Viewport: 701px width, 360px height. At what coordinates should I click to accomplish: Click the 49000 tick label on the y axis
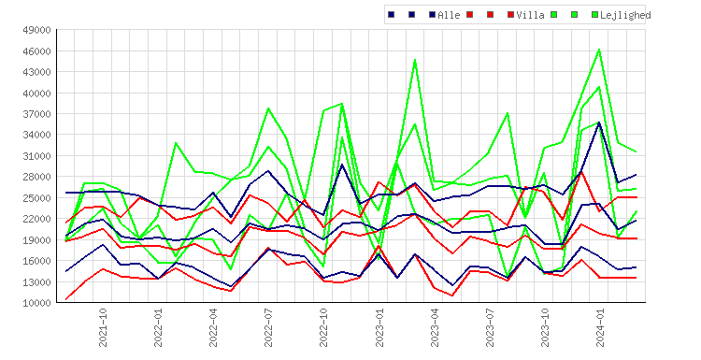click(36, 30)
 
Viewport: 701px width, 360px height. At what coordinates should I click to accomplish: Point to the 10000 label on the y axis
click(36, 303)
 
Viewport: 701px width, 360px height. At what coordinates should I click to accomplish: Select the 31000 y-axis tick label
click(36, 156)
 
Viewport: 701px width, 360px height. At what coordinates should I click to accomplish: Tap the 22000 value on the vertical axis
click(36, 219)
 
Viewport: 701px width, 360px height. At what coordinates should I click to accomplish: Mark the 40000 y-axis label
click(36, 93)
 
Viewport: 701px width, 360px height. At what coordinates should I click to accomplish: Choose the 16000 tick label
click(36, 261)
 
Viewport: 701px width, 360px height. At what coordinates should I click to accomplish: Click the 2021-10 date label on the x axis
click(103, 327)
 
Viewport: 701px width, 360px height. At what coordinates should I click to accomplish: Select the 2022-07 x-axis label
click(268, 327)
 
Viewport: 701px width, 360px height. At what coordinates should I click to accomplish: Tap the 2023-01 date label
click(379, 327)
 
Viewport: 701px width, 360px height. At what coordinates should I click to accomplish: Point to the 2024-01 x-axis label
click(600, 327)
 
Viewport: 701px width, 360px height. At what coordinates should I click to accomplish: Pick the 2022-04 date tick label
click(213, 327)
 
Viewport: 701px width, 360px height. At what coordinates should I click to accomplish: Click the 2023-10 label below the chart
click(545, 327)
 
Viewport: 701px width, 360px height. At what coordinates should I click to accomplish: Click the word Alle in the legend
click(449, 15)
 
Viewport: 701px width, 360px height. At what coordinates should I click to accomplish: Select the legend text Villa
click(530, 15)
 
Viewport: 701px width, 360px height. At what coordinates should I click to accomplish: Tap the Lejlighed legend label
click(625, 15)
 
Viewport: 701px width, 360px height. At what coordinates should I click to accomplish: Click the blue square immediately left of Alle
click(433, 15)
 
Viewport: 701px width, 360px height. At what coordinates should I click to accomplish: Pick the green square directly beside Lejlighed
click(595, 15)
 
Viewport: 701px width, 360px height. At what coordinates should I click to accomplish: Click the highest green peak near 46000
click(599, 50)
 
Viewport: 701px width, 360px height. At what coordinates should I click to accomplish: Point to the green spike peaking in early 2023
click(415, 60)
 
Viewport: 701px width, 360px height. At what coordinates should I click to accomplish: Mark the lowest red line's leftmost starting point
click(66, 299)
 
